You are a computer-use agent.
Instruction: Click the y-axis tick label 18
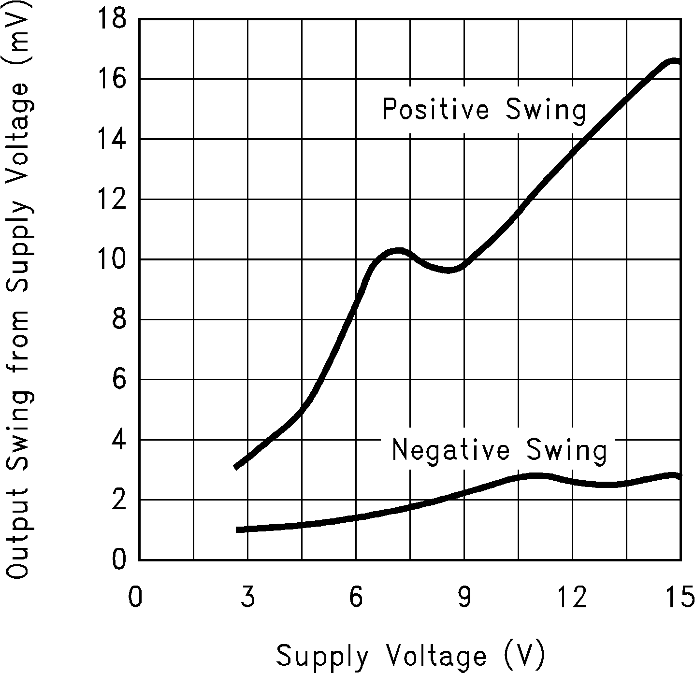coord(112,20)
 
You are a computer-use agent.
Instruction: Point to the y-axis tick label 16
coord(112,79)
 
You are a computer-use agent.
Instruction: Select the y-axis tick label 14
coord(112,140)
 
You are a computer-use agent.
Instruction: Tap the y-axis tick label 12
coord(112,200)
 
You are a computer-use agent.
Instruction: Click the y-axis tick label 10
coord(112,259)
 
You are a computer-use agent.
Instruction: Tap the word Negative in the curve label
coord(450,450)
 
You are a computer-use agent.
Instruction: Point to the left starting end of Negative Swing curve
coord(238,530)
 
